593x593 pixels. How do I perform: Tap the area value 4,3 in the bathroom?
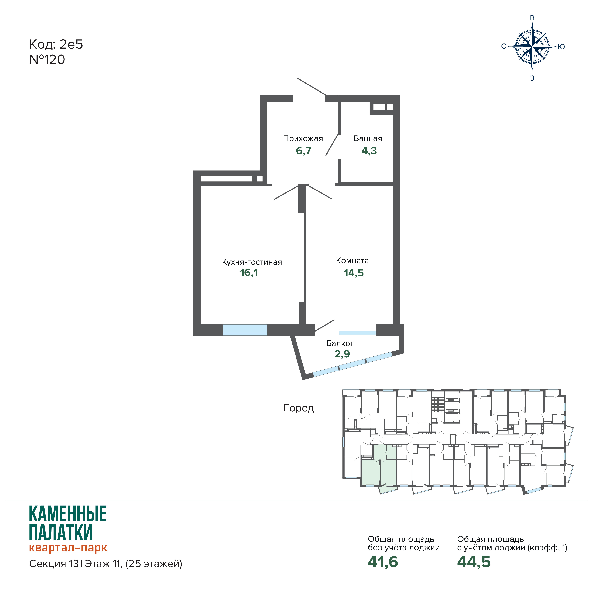point(369,151)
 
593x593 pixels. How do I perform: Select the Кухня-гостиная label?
point(252,262)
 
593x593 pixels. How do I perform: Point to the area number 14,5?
point(354,273)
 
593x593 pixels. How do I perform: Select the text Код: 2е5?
point(56,44)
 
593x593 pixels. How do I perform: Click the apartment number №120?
point(47,60)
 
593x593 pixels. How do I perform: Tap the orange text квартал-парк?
point(68,548)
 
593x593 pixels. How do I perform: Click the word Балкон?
point(341,343)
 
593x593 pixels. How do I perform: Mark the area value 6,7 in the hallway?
point(304,151)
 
